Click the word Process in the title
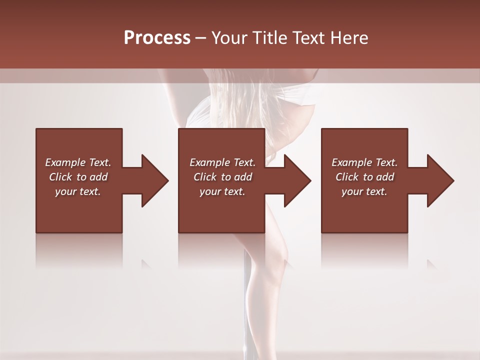pos(157,38)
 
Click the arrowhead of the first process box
pos(155,180)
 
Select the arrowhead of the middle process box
pos(297,180)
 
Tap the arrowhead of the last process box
pos(440,180)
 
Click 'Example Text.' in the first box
pos(78,162)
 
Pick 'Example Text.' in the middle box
pos(222,162)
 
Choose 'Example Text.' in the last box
pos(364,162)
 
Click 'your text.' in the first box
pos(78,191)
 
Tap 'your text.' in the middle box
pos(222,191)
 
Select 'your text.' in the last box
pos(364,191)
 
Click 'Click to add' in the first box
pos(78,177)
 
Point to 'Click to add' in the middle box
pos(222,177)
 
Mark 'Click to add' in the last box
pos(364,177)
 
